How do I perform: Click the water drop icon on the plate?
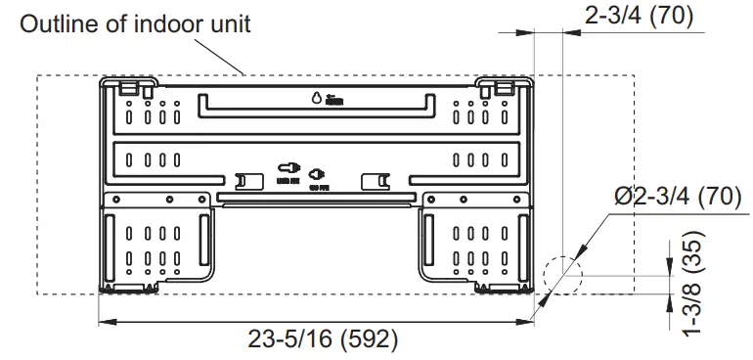[316, 98]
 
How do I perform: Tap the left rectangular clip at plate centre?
[248, 181]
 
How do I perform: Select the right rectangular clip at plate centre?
[375, 181]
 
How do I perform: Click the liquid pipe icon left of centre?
[288, 171]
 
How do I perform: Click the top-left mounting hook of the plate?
[127, 88]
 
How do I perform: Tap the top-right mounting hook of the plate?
[503, 88]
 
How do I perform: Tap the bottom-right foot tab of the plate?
[486, 287]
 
